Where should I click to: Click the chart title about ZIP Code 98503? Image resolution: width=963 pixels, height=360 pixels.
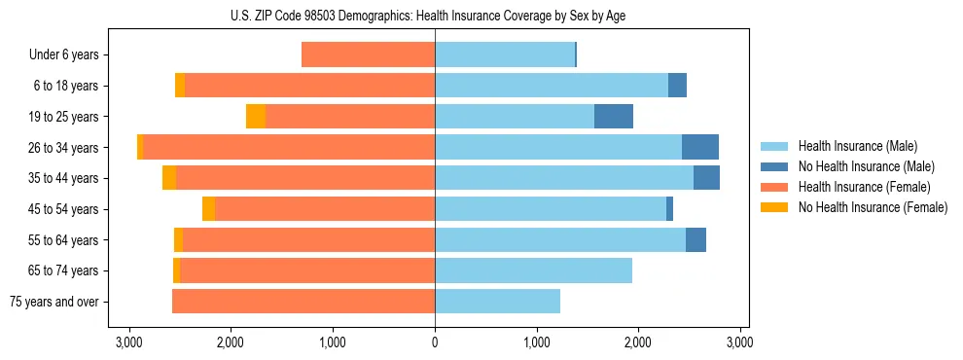(x=435, y=17)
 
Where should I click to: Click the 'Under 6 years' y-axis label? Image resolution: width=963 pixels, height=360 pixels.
(x=63, y=55)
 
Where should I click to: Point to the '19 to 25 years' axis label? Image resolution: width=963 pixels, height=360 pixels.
(x=62, y=117)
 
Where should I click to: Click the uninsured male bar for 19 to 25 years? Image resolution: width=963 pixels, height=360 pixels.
(x=614, y=117)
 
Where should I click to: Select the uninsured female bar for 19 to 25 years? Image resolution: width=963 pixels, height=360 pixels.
(x=256, y=117)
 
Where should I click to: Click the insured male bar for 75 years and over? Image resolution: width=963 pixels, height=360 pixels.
(x=497, y=302)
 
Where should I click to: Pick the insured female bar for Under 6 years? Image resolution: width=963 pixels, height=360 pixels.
(x=368, y=55)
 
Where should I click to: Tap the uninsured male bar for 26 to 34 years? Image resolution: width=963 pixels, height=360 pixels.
(x=700, y=148)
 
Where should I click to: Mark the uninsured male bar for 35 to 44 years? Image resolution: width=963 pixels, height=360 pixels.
(x=706, y=178)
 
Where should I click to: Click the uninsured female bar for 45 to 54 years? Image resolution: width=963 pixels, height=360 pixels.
(x=208, y=209)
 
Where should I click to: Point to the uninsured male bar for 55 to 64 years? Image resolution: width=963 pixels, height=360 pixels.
(x=695, y=240)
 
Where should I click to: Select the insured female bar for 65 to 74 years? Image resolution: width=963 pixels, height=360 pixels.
(x=307, y=270)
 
